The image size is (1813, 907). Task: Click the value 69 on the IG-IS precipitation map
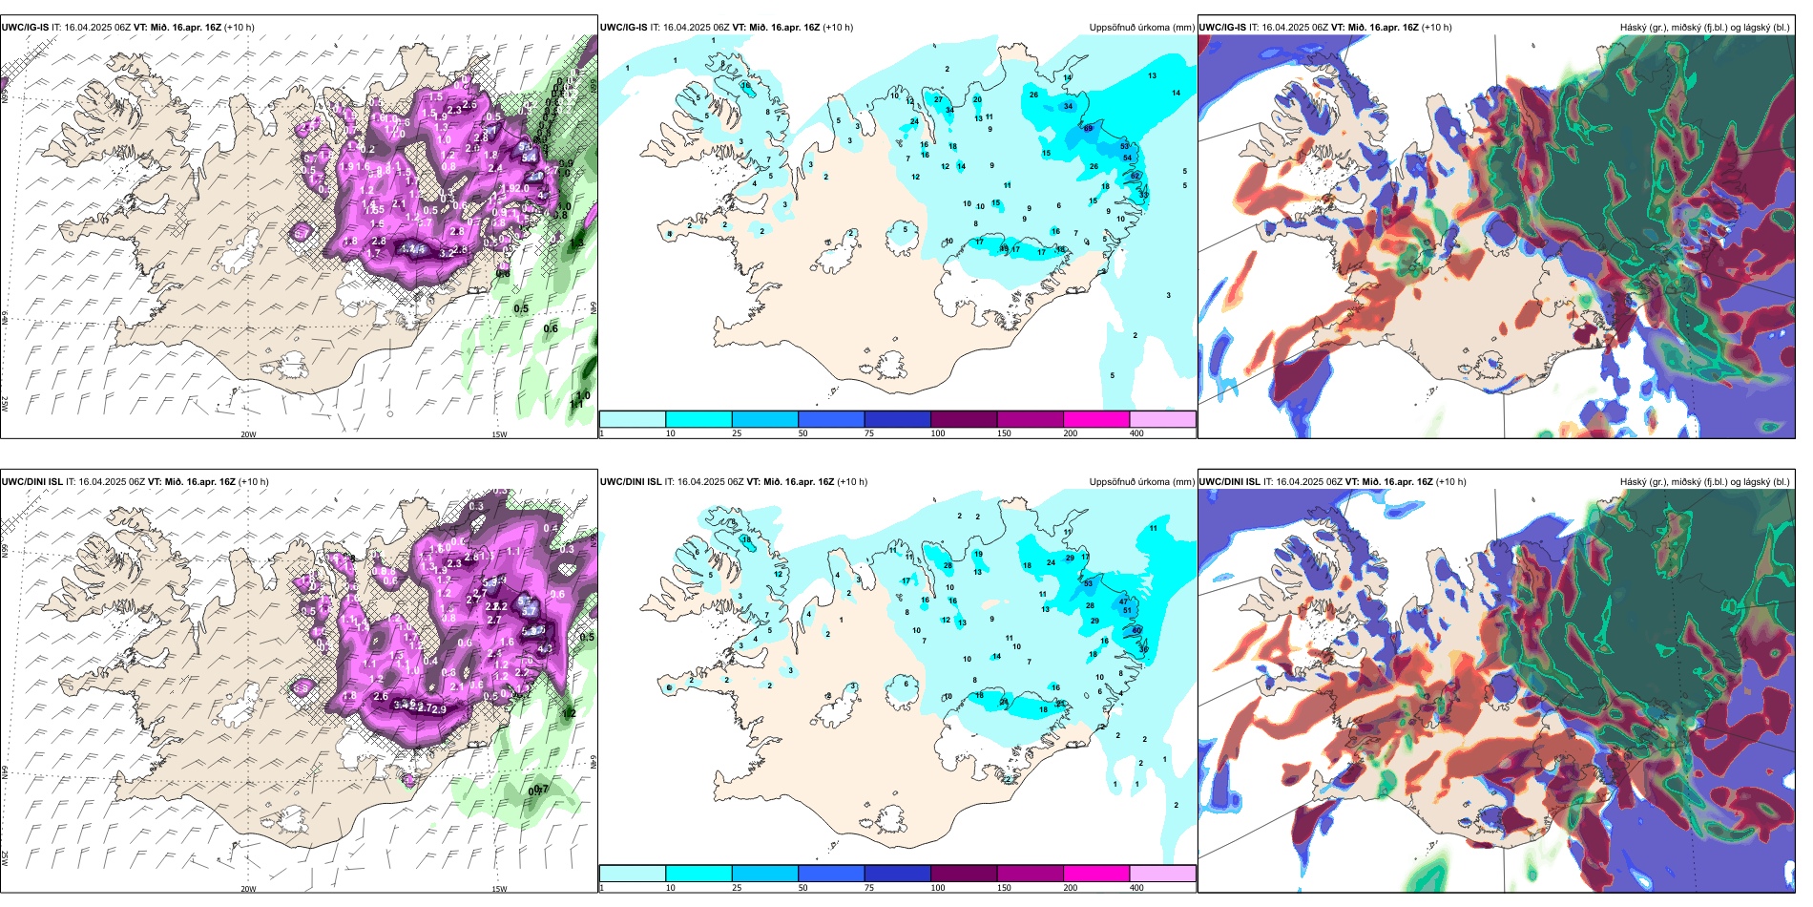[1088, 128]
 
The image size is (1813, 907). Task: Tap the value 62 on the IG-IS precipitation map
[1135, 176]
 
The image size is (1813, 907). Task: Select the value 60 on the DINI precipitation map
[1136, 631]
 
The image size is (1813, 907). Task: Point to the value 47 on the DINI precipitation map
[1124, 602]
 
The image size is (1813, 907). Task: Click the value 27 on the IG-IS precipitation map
[938, 99]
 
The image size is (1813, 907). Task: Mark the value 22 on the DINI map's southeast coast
[1007, 779]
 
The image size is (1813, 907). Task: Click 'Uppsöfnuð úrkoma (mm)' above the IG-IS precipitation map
[1141, 28]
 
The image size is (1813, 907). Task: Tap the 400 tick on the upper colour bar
[1136, 433]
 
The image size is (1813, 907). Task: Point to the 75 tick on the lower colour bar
[869, 888]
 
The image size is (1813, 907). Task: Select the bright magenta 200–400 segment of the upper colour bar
[1096, 419]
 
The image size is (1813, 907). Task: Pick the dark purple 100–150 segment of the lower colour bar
[964, 874]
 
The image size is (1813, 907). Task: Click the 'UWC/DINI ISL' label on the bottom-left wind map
[31, 482]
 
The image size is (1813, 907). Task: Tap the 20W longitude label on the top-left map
[248, 434]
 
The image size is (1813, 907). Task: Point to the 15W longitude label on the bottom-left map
[499, 889]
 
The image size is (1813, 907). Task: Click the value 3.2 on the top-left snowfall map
[447, 254]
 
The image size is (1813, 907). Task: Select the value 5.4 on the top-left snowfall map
[528, 158]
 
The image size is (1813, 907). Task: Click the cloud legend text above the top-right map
[1704, 28]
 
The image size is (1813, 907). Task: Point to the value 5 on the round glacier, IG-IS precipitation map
[906, 229]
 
